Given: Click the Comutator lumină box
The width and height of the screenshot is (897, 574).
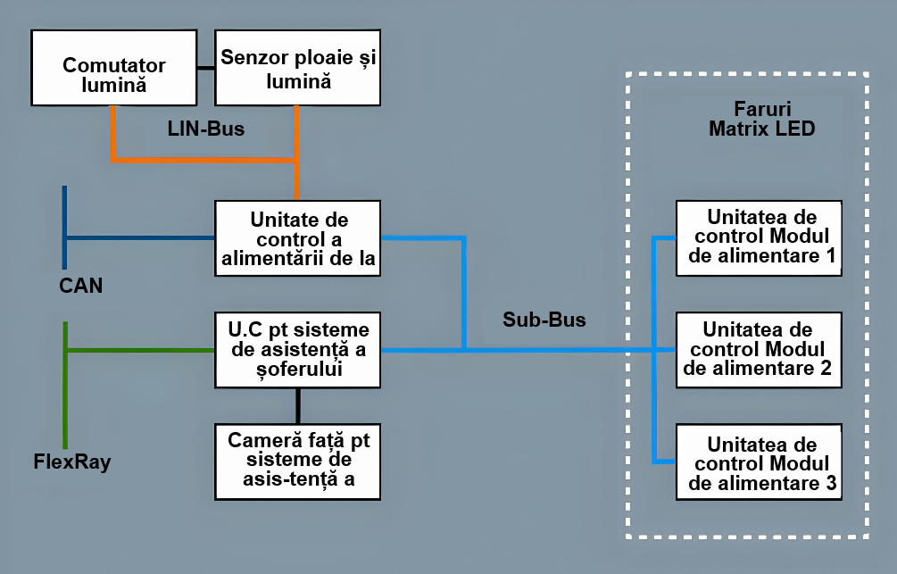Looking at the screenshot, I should pos(113,67).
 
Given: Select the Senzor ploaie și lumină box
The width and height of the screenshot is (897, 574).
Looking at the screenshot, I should pos(298,67).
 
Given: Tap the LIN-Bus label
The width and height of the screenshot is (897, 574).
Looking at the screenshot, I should pos(206,129).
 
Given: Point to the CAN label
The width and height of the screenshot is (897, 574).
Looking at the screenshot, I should pos(80,286).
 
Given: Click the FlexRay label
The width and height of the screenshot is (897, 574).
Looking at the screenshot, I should pos(72,462).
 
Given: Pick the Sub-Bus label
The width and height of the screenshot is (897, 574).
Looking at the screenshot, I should pos(544,320).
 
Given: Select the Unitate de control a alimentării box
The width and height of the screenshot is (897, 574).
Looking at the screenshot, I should pos(298,238).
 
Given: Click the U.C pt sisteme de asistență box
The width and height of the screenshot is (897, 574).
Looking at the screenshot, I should pos(298,349).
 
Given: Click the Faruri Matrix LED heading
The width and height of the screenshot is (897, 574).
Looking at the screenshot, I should pos(761,119).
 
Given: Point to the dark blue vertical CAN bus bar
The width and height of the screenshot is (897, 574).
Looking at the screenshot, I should pos(64,227).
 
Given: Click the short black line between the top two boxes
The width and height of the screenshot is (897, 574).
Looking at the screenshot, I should pos(206,67).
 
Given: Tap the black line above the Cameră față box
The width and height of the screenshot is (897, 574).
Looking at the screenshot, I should pos(298,405).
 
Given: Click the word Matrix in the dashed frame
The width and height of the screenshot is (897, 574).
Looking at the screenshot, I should pos(737,129).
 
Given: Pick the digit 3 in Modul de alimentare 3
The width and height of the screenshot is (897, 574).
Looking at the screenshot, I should pos(830,485).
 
